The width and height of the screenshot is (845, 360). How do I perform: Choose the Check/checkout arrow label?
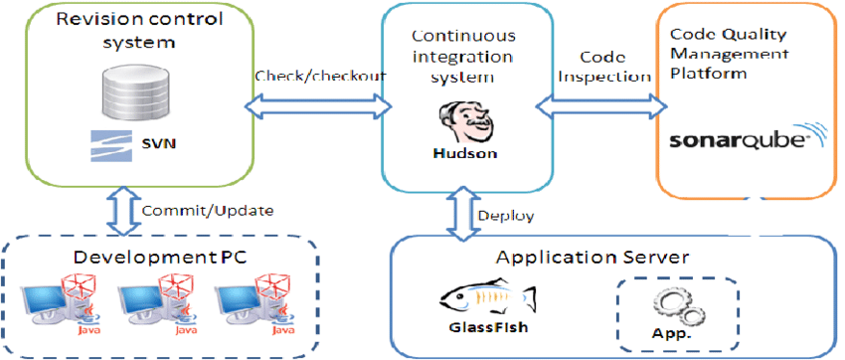(x=309, y=76)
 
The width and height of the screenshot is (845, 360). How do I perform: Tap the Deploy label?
(x=506, y=215)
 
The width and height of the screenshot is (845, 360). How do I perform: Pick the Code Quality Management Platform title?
(x=737, y=52)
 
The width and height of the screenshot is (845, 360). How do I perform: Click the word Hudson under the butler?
(x=462, y=155)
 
